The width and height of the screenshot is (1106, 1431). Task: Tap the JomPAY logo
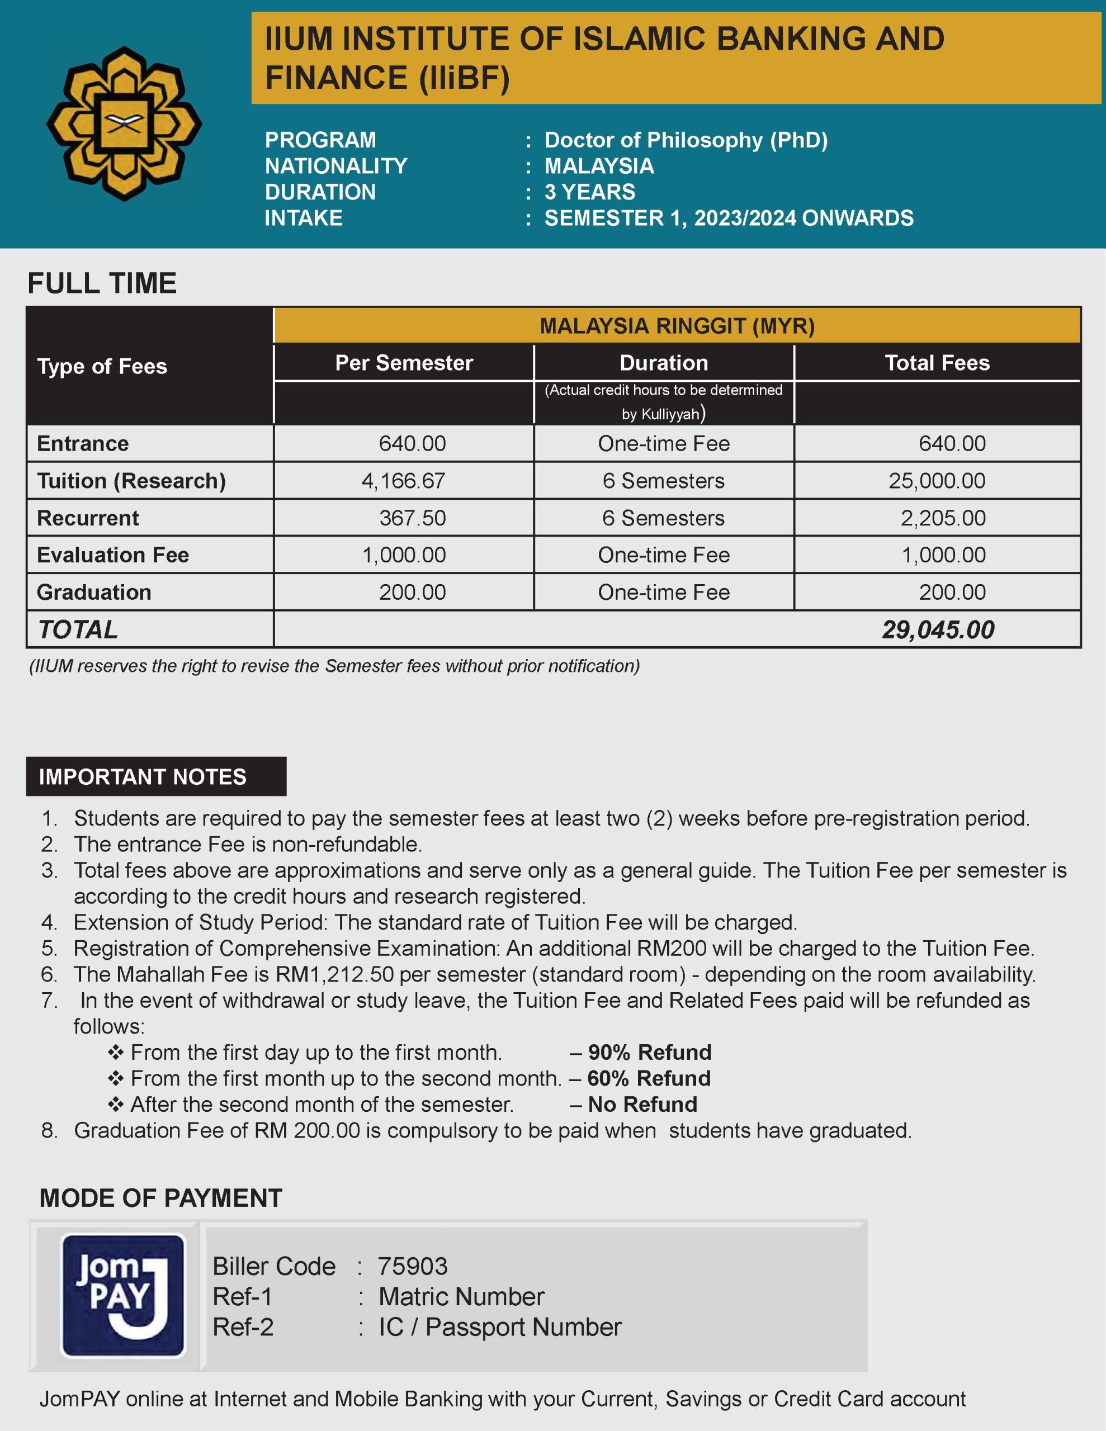click(122, 1295)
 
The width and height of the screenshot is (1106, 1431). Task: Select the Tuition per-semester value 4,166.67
click(403, 481)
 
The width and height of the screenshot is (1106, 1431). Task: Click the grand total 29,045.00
click(938, 629)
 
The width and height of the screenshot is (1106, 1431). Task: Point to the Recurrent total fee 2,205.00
click(943, 518)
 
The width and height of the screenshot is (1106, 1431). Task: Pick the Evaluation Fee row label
click(113, 555)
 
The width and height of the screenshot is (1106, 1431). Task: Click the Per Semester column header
click(404, 363)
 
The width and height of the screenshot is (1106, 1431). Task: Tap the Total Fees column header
click(937, 363)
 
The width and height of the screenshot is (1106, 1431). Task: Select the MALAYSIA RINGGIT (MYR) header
click(677, 326)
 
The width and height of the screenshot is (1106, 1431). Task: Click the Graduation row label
click(94, 593)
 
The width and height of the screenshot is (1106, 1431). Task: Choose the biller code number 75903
click(412, 1267)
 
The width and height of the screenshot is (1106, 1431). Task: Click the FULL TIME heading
click(102, 283)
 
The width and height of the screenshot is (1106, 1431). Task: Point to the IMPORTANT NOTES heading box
click(156, 776)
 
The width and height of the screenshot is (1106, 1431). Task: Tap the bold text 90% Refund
click(649, 1052)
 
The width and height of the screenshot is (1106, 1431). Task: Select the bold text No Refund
click(642, 1104)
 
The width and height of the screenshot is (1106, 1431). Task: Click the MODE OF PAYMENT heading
click(160, 1198)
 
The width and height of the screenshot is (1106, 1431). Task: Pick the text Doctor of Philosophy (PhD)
click(686, 140)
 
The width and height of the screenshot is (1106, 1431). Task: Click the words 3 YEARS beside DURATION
click(589, 192)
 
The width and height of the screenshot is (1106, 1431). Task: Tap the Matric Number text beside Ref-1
click(461, 1297)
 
